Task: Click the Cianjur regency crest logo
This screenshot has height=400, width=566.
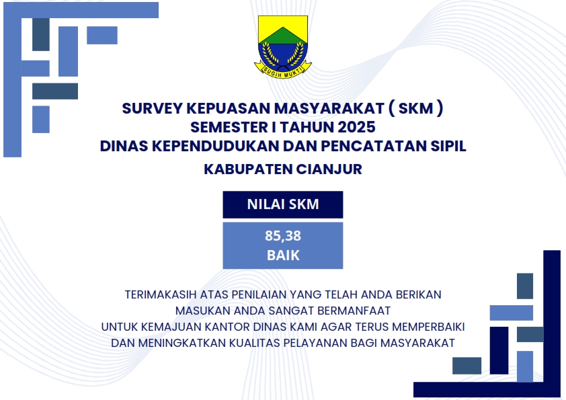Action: (282, 44)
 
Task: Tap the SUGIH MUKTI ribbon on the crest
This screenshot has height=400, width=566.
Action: (282, 67)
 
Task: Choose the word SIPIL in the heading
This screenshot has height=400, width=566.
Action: (444, 146)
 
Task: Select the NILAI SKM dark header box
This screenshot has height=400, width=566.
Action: (282, 204)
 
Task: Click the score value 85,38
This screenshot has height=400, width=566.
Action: (282, 236)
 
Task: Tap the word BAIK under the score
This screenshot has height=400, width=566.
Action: (282, 255)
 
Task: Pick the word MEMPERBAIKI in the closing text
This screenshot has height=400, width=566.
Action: (428, 327)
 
